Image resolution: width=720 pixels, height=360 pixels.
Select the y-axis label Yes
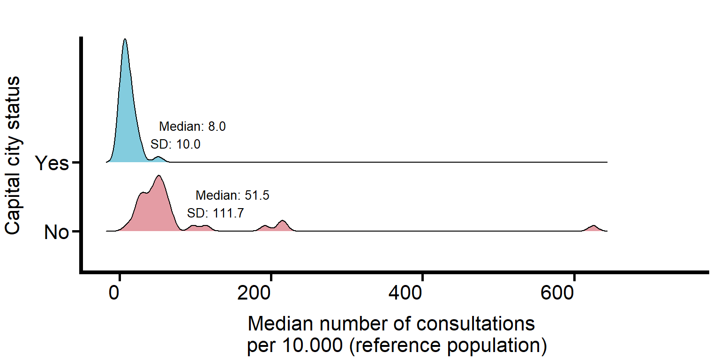point(52,164)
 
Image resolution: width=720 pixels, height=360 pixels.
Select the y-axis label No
point(57,232)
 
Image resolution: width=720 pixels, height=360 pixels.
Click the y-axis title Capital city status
point(13,155)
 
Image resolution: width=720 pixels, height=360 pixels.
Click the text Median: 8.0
point(192,127)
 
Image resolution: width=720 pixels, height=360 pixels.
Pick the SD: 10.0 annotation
point(175,144)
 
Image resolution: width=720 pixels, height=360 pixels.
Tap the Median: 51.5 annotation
point(232,195)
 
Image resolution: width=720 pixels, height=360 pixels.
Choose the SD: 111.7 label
point(215,213)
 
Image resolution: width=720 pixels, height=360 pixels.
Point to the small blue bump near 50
point(158,158)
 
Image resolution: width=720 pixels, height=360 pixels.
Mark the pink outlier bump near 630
point(593,228)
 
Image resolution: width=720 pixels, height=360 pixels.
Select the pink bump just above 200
point(282,222)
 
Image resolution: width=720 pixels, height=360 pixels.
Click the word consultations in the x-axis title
point(469,324)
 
